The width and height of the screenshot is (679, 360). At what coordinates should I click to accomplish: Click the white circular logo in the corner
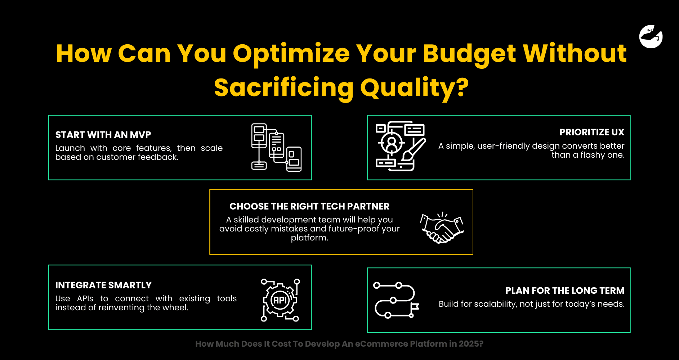point(651,36)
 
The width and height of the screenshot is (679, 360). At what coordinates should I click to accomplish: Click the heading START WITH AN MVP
point(103,135)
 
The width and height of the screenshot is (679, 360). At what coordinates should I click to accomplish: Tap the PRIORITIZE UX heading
point(592,132)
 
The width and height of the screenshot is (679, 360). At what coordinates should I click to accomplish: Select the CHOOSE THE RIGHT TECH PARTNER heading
point(309,206)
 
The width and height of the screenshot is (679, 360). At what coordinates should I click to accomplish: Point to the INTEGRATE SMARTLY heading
point(103,285)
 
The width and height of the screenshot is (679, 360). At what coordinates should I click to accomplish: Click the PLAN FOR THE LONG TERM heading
point(565,291)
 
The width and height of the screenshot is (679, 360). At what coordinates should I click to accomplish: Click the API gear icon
point(280,300)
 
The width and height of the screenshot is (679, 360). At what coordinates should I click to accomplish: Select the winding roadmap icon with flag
point(396,300)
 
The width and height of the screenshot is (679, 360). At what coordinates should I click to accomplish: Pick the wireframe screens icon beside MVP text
point(276,147)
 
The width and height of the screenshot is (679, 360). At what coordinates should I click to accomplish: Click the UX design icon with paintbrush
point(401,146)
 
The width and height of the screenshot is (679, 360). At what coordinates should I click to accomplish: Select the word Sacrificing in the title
point(284,88)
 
